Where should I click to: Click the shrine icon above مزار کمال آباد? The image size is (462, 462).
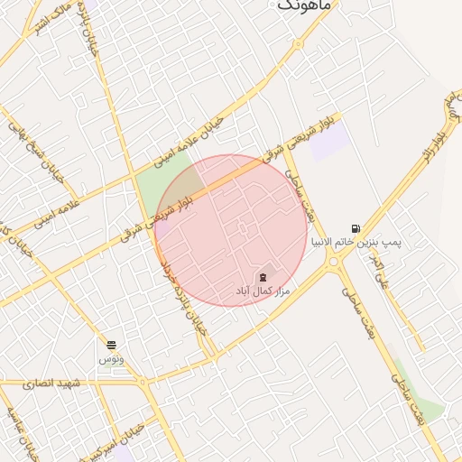click(x=263, y=276)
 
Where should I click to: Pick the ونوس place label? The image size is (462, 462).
click(x=111, y=359)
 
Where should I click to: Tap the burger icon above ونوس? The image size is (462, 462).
click(x=111, y=345)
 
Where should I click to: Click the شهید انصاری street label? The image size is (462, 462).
click(x=53, y=383)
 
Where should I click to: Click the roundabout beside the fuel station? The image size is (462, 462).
click(x=336, y=263)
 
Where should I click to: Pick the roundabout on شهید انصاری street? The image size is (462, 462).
click(x=143, y=383)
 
